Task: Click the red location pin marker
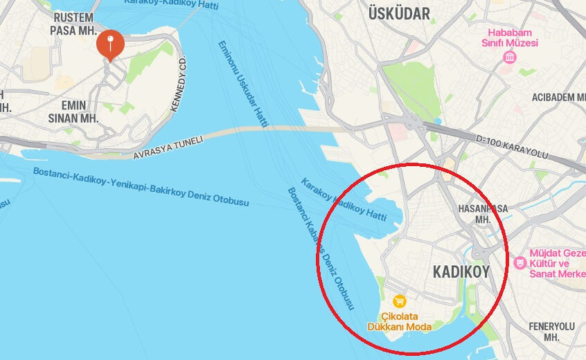click(x=110, y=44)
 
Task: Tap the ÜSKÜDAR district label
click(x=399, y=13)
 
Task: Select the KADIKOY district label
click(x=461, y=271)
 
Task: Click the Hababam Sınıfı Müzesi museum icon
click(x=510, y=57)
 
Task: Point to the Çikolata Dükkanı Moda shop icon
click(x=399, y=301)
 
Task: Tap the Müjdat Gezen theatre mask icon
click(x=520, y=262)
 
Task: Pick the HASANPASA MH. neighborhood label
click(x=483, y=213)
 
